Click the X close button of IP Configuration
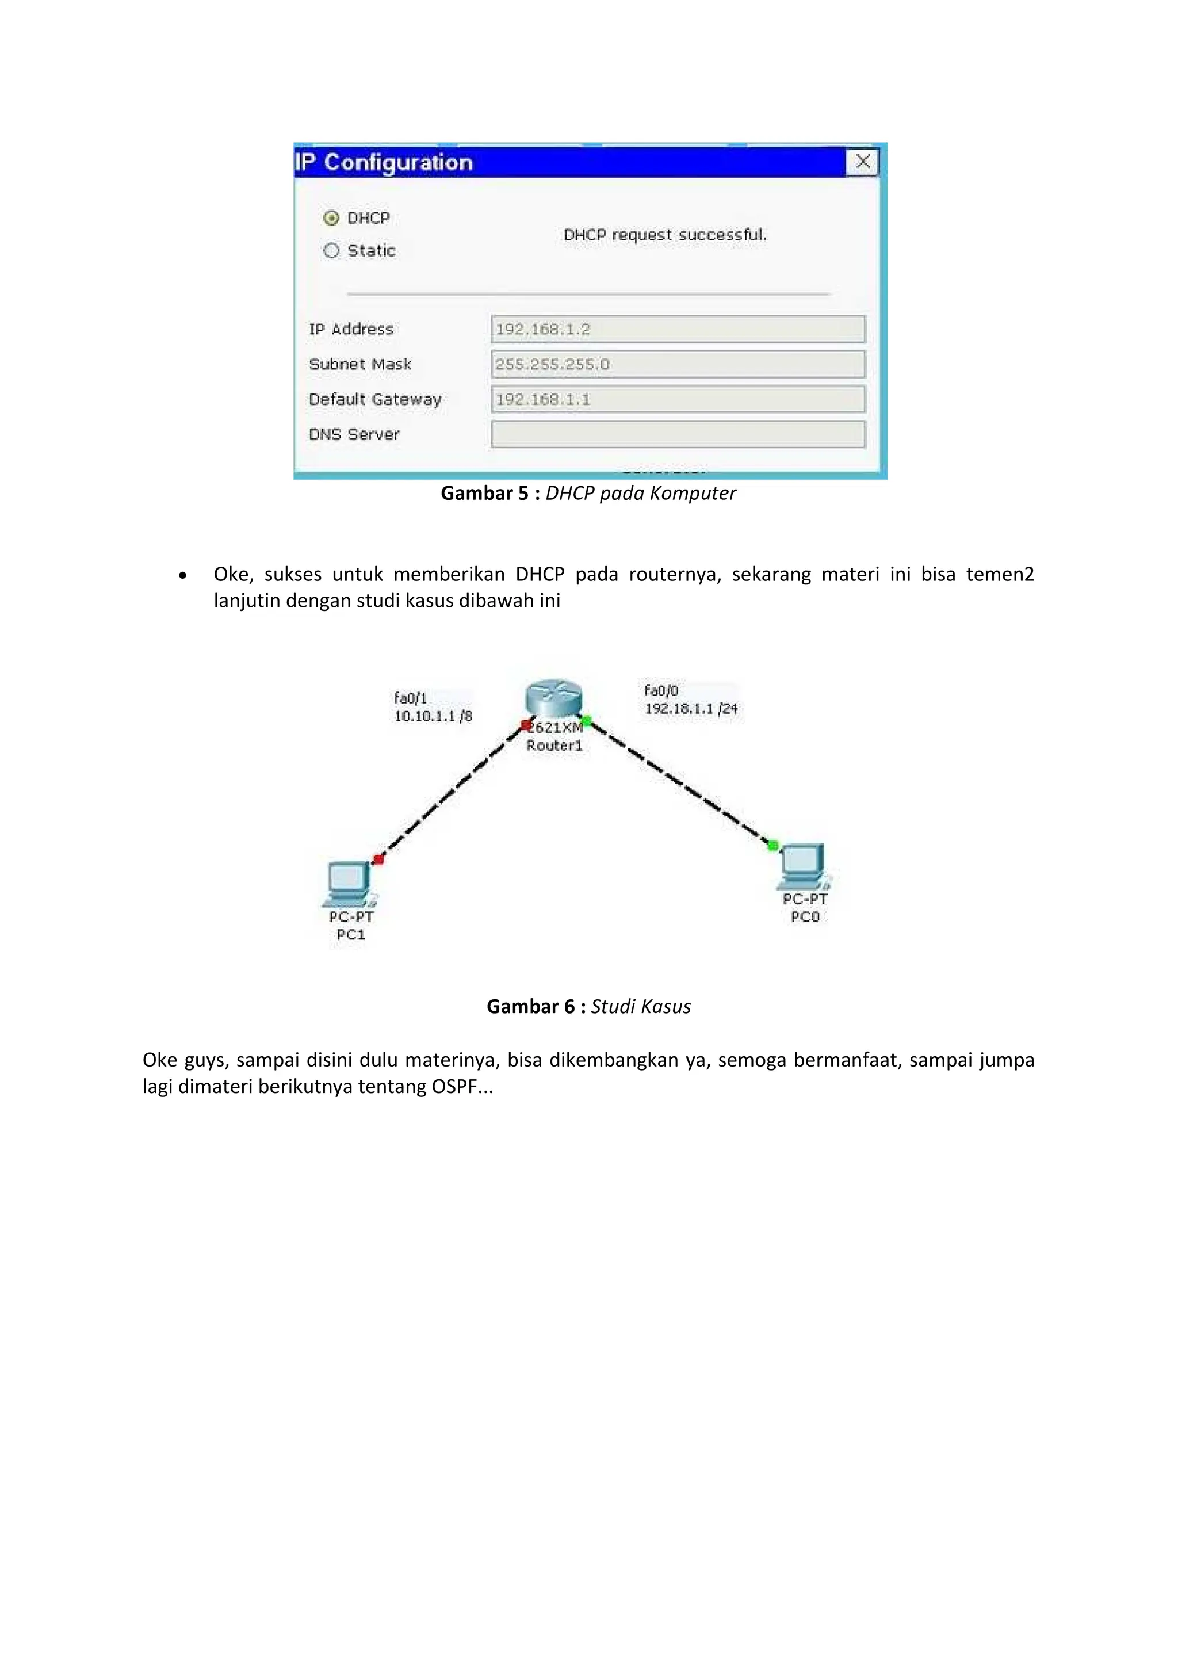click(862, 162)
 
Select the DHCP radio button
click(331, 217)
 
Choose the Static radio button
click(331, 250)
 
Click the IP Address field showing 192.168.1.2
click(678, 328)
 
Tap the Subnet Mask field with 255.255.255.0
click(678, 364)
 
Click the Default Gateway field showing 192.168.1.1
click(678, 399)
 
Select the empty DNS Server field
click(678, 434)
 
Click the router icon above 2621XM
click(553, 699)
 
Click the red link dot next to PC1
click(378, 859)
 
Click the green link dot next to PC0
click(773, 845)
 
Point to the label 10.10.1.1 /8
click(433, 716)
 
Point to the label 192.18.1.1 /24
click(691, 708)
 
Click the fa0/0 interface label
click(661, 690)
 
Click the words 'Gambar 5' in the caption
click(484, 494)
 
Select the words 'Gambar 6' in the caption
click(530, 1006)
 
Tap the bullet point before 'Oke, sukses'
click(182, 575)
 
